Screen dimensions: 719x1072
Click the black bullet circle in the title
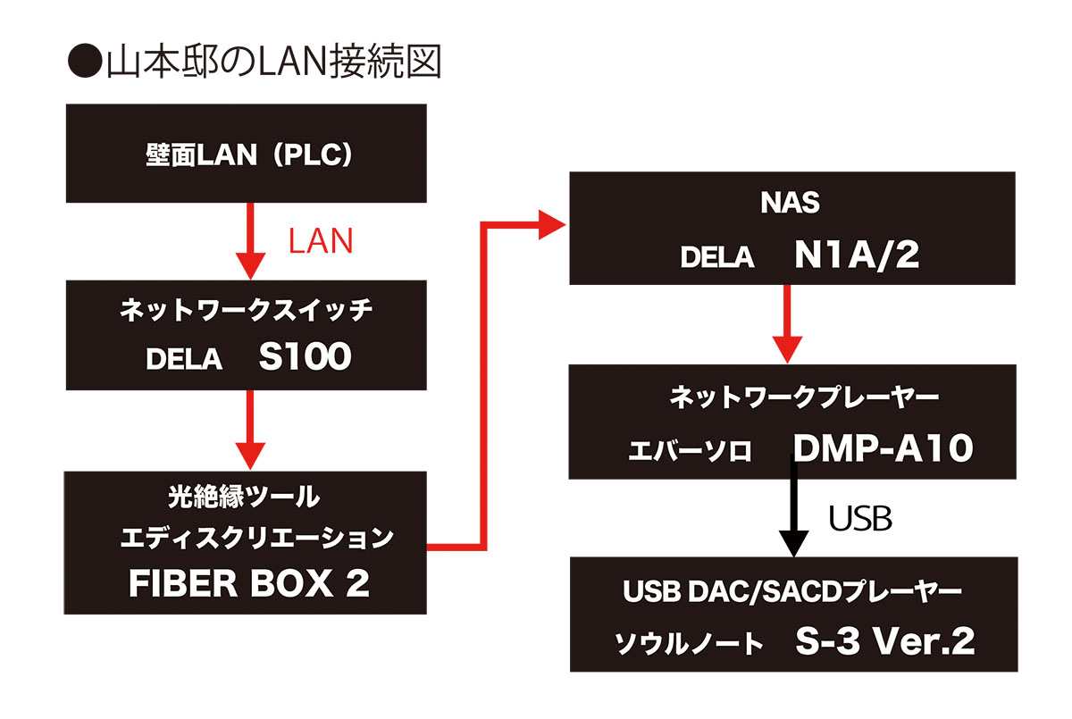coord(85,63)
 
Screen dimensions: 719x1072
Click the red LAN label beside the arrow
coord(321,241)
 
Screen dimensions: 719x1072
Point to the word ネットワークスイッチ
coord(246,312)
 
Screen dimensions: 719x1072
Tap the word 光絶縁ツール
coord(245,494)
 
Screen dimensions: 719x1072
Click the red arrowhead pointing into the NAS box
coord(555,223)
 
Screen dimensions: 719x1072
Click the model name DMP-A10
coord(881,449)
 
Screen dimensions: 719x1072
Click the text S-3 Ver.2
coord(885,641)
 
